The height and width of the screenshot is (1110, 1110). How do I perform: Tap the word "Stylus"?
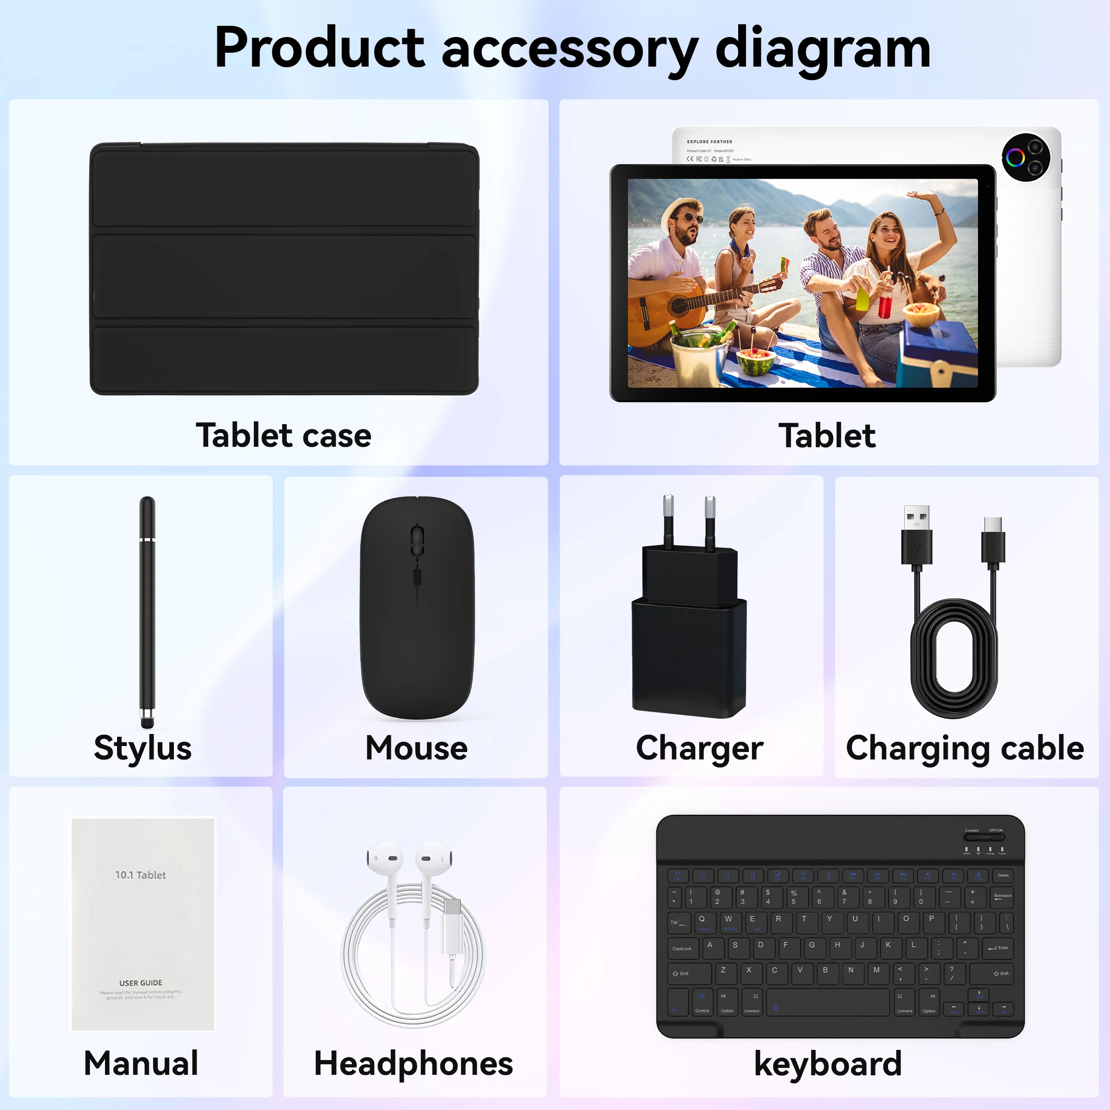click(142, 748)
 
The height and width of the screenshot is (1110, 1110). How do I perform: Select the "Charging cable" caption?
click(965, 748)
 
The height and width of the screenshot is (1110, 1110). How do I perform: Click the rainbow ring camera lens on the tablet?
click(1015, 158)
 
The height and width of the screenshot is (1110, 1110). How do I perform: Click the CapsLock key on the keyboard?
click(683, 949)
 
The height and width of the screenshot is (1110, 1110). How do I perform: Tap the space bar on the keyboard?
click(827, 1003)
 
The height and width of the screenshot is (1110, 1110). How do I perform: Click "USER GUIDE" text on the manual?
click(141, 983)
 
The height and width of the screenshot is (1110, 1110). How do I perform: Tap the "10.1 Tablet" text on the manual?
click(140, 875)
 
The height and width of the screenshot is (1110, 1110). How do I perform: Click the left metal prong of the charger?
click(668, 517)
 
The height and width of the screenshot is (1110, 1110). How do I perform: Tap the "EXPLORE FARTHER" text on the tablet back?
click(709, 142)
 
